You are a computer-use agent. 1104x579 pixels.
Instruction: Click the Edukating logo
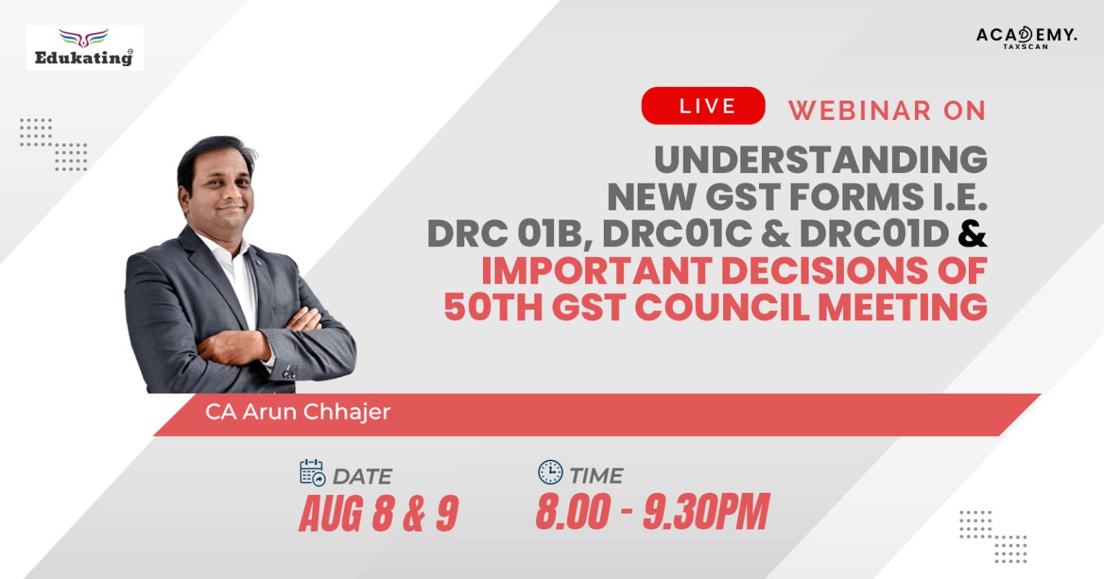pyautogui.click(x=85, y=47)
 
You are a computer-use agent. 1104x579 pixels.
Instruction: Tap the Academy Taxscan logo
pyautogui.click(x=1026, y=37)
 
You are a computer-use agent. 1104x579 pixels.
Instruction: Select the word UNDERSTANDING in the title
pyautogui.click(x=820, y=159)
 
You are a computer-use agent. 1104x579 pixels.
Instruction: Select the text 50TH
pyautogui.click(x=489, y=306)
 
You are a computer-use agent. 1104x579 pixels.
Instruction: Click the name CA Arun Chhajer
pyautogui.click(x=298, y=412)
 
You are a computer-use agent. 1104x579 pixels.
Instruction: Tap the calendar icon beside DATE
pyautogui.click(x=313, y=473)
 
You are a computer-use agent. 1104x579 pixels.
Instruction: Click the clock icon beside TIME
pyautogui.click(x=551, y=472)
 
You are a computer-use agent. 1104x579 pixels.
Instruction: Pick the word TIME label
pyautogui.click(x=596, y=475)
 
